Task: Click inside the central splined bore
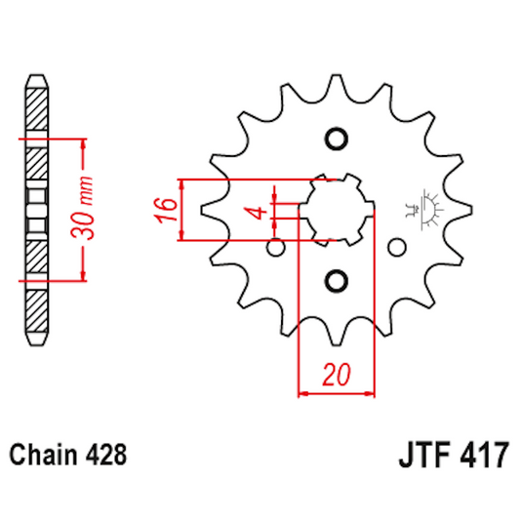coord(338,209)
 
